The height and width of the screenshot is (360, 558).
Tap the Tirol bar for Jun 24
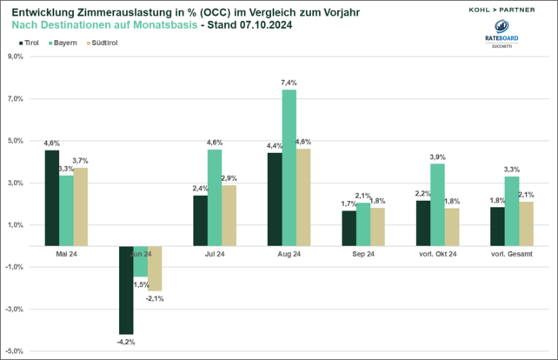[126, 290]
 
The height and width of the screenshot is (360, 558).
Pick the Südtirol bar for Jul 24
[229, 215]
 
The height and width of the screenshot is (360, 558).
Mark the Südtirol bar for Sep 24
[378, 226]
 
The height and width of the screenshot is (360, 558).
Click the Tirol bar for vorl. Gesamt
[498, 226]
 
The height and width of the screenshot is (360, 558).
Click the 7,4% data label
[289, 83]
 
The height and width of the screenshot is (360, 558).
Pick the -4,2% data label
[127, 342]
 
